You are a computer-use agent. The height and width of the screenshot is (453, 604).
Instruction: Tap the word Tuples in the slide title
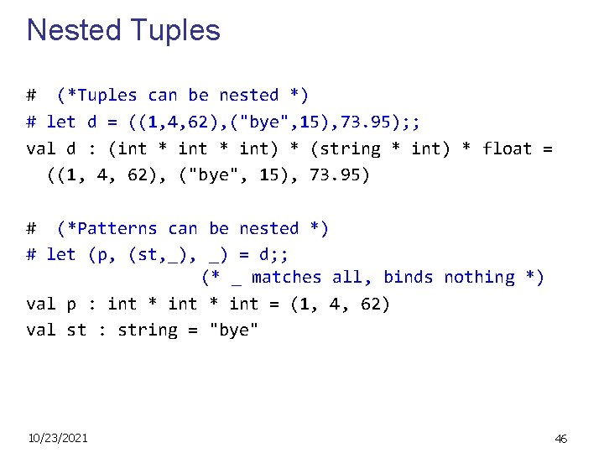[172, 30]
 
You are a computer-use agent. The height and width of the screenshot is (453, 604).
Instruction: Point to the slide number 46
[561, 438]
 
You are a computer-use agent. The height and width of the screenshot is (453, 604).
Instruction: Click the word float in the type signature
[507, 148]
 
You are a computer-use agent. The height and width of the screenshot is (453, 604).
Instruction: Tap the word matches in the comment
[286, 277]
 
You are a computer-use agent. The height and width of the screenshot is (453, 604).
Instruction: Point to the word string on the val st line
[148, 330]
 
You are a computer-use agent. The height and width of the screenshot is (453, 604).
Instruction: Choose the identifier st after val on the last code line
[76, 330]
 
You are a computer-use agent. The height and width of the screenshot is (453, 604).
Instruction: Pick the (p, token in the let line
[102, 253]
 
